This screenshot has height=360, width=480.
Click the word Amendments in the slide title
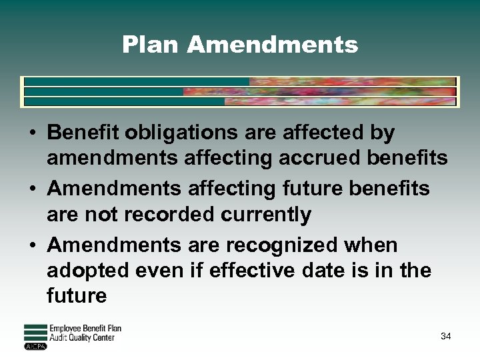pyautogui.click(x=273, y=45)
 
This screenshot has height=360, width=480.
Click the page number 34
pyautogui.click(x=446, y=336)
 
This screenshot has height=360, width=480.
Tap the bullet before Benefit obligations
pyautogui.click(x=32, y=134)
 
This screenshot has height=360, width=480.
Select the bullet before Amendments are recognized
pyautogui.click(x=32, y=246)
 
